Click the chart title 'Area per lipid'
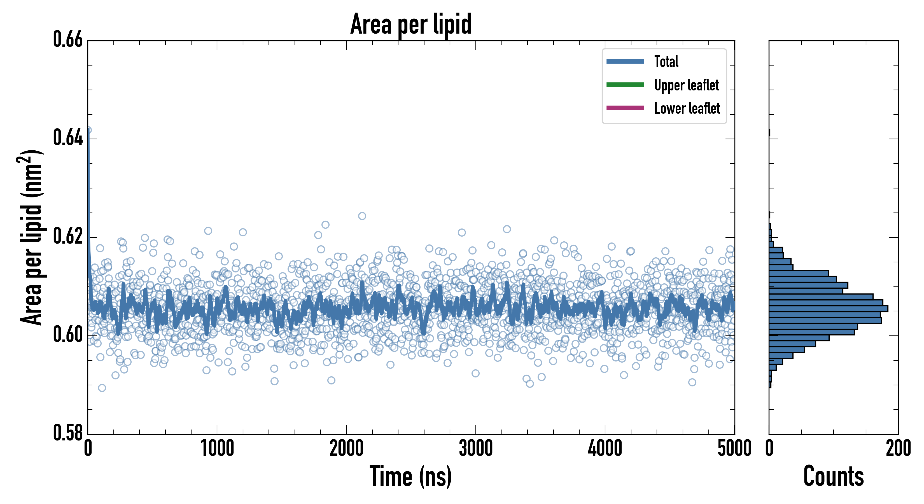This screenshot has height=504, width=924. point(411,24)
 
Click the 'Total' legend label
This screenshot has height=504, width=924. point(666,62)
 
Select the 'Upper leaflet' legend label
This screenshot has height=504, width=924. point(686,85)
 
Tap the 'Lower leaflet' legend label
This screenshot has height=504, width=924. point(687,108)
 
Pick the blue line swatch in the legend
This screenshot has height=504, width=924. point(625,61)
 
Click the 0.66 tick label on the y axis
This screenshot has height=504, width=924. point(68,39)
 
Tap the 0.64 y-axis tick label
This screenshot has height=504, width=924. point(68,138)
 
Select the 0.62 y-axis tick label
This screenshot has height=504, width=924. point(68,236)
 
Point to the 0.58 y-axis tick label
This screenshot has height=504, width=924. point(68,433)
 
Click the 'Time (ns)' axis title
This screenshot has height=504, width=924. point(411,477)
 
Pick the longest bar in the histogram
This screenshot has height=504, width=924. point(828,309)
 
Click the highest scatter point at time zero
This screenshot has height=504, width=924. point(88,130)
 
